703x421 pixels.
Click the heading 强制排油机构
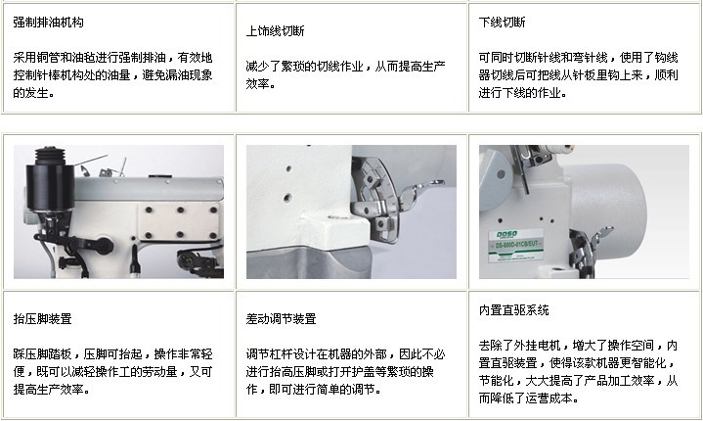coord(48,22)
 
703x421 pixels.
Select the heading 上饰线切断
coord(276,30)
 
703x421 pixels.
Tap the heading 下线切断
coord(502,22)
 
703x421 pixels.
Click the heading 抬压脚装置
coord(42,318)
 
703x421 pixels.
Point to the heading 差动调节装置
coord(282,318)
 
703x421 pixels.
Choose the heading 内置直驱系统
coord(513,309)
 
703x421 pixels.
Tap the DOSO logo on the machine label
coord(506,234)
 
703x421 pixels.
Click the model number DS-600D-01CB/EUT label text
coord(516,245)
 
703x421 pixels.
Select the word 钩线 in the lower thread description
coord(666,58)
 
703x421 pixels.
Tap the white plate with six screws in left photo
coord(179,221)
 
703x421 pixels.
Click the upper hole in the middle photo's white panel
coord(288,169)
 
